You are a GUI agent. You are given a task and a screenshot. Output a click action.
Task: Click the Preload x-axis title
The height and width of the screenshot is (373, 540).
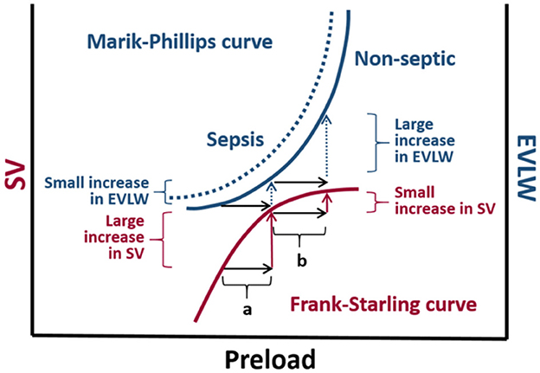(x=269, y=356)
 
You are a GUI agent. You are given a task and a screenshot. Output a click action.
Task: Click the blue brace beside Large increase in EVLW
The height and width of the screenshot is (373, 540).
(x=375, y=139)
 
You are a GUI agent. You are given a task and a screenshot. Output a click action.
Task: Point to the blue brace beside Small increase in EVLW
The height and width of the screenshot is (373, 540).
(x=170, y=191)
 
